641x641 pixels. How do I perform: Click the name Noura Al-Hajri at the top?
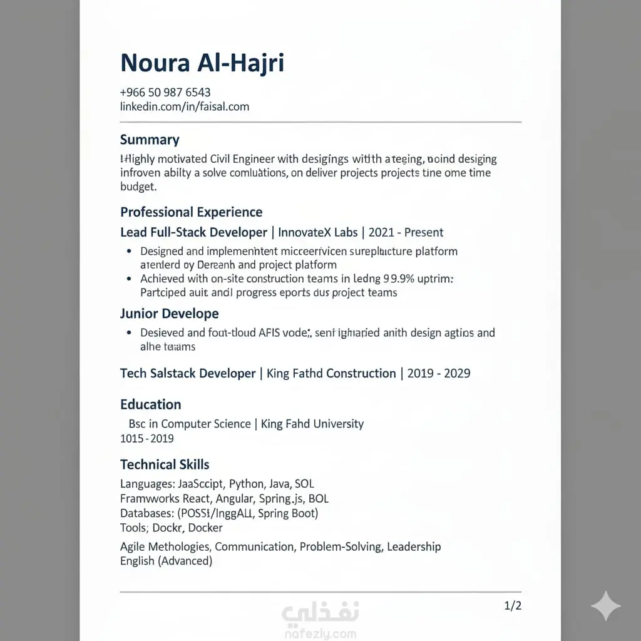202,63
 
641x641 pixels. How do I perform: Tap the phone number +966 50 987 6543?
165,93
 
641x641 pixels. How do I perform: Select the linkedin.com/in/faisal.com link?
185,106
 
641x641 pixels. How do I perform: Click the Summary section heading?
150,140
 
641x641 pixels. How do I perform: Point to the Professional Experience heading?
191,212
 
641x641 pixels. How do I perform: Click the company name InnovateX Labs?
318,232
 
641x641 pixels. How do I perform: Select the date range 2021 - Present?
406,232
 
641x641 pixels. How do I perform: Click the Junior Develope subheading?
169,314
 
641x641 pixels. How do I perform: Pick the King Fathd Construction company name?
331,373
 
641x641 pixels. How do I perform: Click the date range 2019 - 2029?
439,373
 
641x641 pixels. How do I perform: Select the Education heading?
150,404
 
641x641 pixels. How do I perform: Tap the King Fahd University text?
312,424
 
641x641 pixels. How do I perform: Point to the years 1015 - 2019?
147,439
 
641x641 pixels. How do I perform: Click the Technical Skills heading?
165,464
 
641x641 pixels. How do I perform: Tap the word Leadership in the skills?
414,546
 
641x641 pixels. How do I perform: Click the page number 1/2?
513,605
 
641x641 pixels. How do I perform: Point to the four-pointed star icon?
606,605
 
